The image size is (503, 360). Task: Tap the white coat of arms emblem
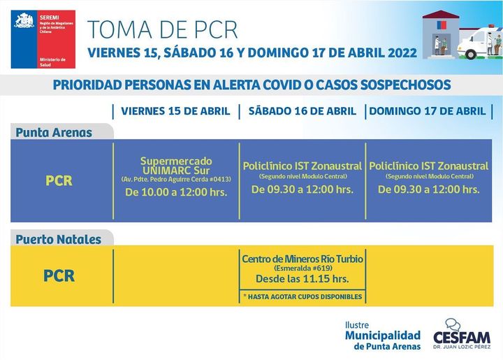24,20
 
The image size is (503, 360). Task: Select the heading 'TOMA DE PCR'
163,29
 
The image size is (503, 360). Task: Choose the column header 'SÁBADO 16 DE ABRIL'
302,111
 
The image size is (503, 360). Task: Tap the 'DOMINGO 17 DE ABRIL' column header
427,111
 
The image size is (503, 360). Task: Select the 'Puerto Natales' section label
59,239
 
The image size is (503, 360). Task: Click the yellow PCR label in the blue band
59,180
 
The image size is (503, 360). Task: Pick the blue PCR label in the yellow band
59,276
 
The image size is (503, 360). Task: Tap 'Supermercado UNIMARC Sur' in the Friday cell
176,166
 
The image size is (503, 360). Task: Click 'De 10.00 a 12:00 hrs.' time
176,192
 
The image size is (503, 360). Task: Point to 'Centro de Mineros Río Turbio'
302,259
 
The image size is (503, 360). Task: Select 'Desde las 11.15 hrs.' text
302,280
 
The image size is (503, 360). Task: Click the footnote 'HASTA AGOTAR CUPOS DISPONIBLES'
302,297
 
